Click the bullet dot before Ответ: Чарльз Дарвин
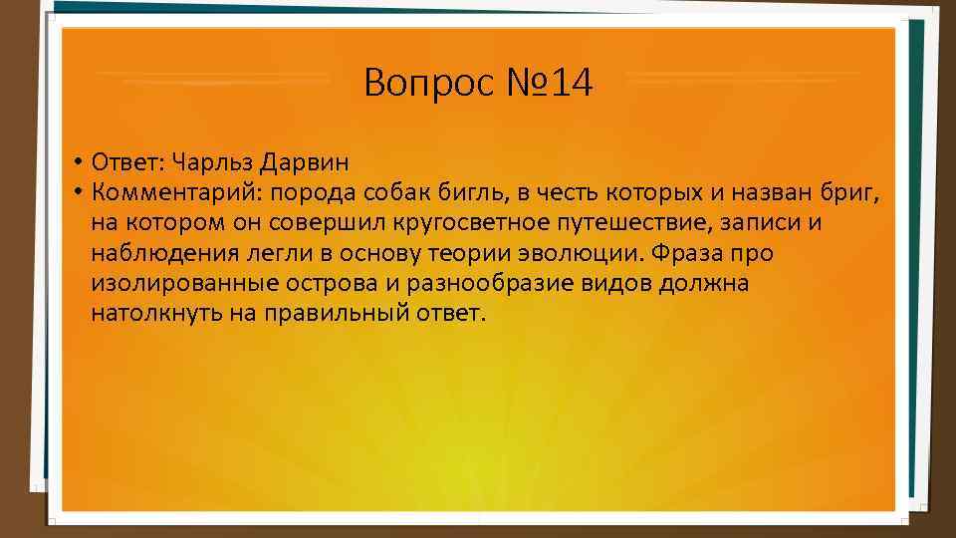point(77,162)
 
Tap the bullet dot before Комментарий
point(77,192)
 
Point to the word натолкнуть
point(150,314)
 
